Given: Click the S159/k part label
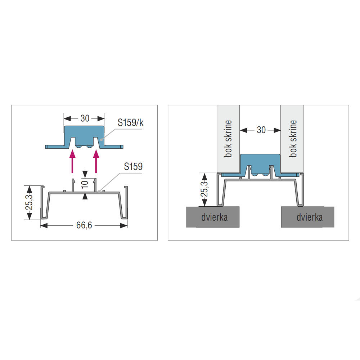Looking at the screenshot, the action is [131, 123].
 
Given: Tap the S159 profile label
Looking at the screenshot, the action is [133, 166].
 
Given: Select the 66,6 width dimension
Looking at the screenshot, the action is [84, 225].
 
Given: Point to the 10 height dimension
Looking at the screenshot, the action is [85, 184].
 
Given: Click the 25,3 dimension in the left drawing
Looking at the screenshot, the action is [29, 202].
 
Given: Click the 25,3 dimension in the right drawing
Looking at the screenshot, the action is [204, 189].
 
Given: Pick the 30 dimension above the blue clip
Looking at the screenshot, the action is [85, 118].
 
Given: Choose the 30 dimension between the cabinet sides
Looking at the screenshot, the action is [261, 130].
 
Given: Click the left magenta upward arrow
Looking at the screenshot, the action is [73, 161].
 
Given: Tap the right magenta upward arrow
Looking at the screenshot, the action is [96, 161].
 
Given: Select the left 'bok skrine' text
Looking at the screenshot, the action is [228, 139].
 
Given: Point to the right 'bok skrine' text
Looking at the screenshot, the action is [293, 139].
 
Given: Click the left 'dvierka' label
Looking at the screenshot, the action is [215, 217].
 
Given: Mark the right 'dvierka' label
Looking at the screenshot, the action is [310, 217].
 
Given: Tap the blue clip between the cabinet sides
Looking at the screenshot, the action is [260, 165].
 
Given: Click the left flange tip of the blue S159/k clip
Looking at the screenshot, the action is [46, 147].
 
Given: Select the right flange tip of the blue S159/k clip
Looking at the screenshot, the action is [123, 147].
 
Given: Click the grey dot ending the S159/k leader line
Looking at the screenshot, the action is [101, 139].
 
